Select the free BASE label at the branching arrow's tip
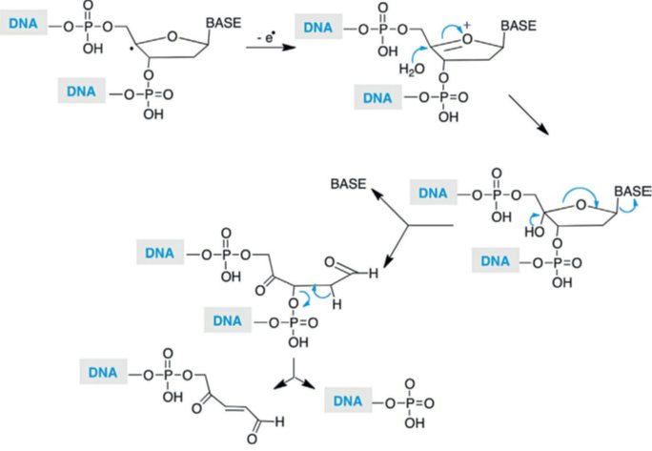(x=351, y=183)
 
